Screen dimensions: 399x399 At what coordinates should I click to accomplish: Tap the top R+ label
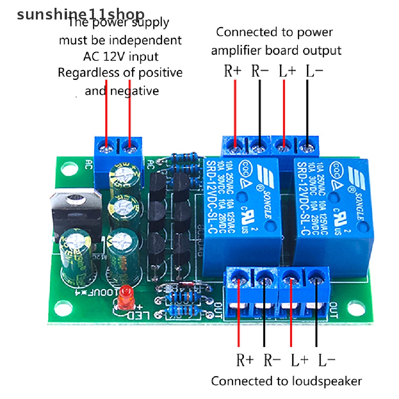233,71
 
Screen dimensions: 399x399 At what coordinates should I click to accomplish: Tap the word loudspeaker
325,381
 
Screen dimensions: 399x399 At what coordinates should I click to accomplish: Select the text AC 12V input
121,56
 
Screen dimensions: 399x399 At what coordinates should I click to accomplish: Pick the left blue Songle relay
242,214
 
